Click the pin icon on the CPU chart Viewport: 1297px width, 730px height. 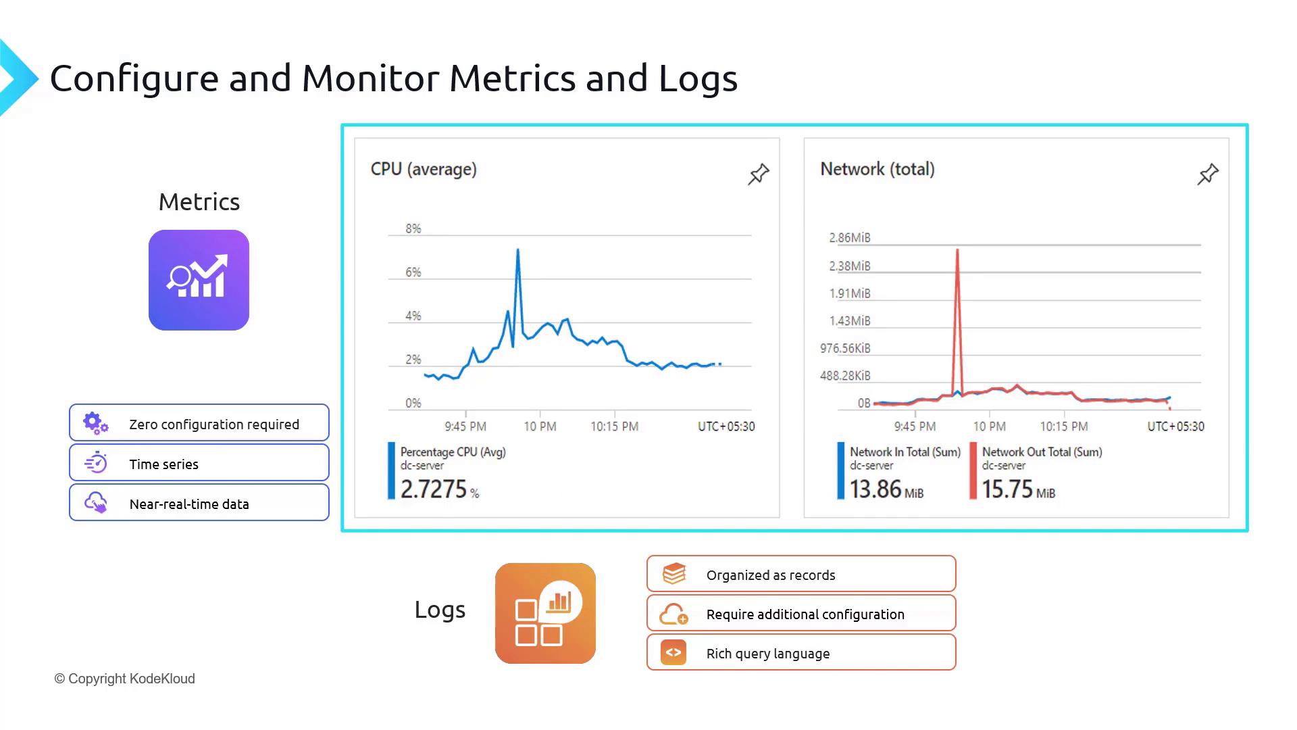click(x=758, y=174)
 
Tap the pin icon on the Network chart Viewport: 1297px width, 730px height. click(x=1207, y=174)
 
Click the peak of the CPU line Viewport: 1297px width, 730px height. click(x=517, y=251)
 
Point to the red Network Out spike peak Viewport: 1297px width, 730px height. click(x=957, y=251)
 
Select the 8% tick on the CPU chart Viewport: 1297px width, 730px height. click(x=413, y=228)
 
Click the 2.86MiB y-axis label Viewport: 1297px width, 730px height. click(x=849, y=238)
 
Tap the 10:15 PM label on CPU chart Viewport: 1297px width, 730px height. click(x=614, y=427)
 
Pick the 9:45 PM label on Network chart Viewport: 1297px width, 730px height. click(x=915, y=427)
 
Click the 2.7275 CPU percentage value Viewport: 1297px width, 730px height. click(x=434, y=489)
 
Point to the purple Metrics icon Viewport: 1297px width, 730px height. click(x=199, y=280)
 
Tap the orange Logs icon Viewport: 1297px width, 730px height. click(x=545, y=613)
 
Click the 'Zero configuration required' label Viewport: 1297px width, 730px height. click(x=213, y=424)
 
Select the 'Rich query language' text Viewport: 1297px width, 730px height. click(x=767, y=654)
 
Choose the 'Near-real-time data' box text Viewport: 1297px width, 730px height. click(x=189, y=504)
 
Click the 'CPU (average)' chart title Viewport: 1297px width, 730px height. click(x=424, y=169)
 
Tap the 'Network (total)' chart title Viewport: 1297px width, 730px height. click(x=877, y=169)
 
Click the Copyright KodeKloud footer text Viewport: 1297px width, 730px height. click(x=125, y=679)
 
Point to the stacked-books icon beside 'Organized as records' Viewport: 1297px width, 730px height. click(x=673, y=574)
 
